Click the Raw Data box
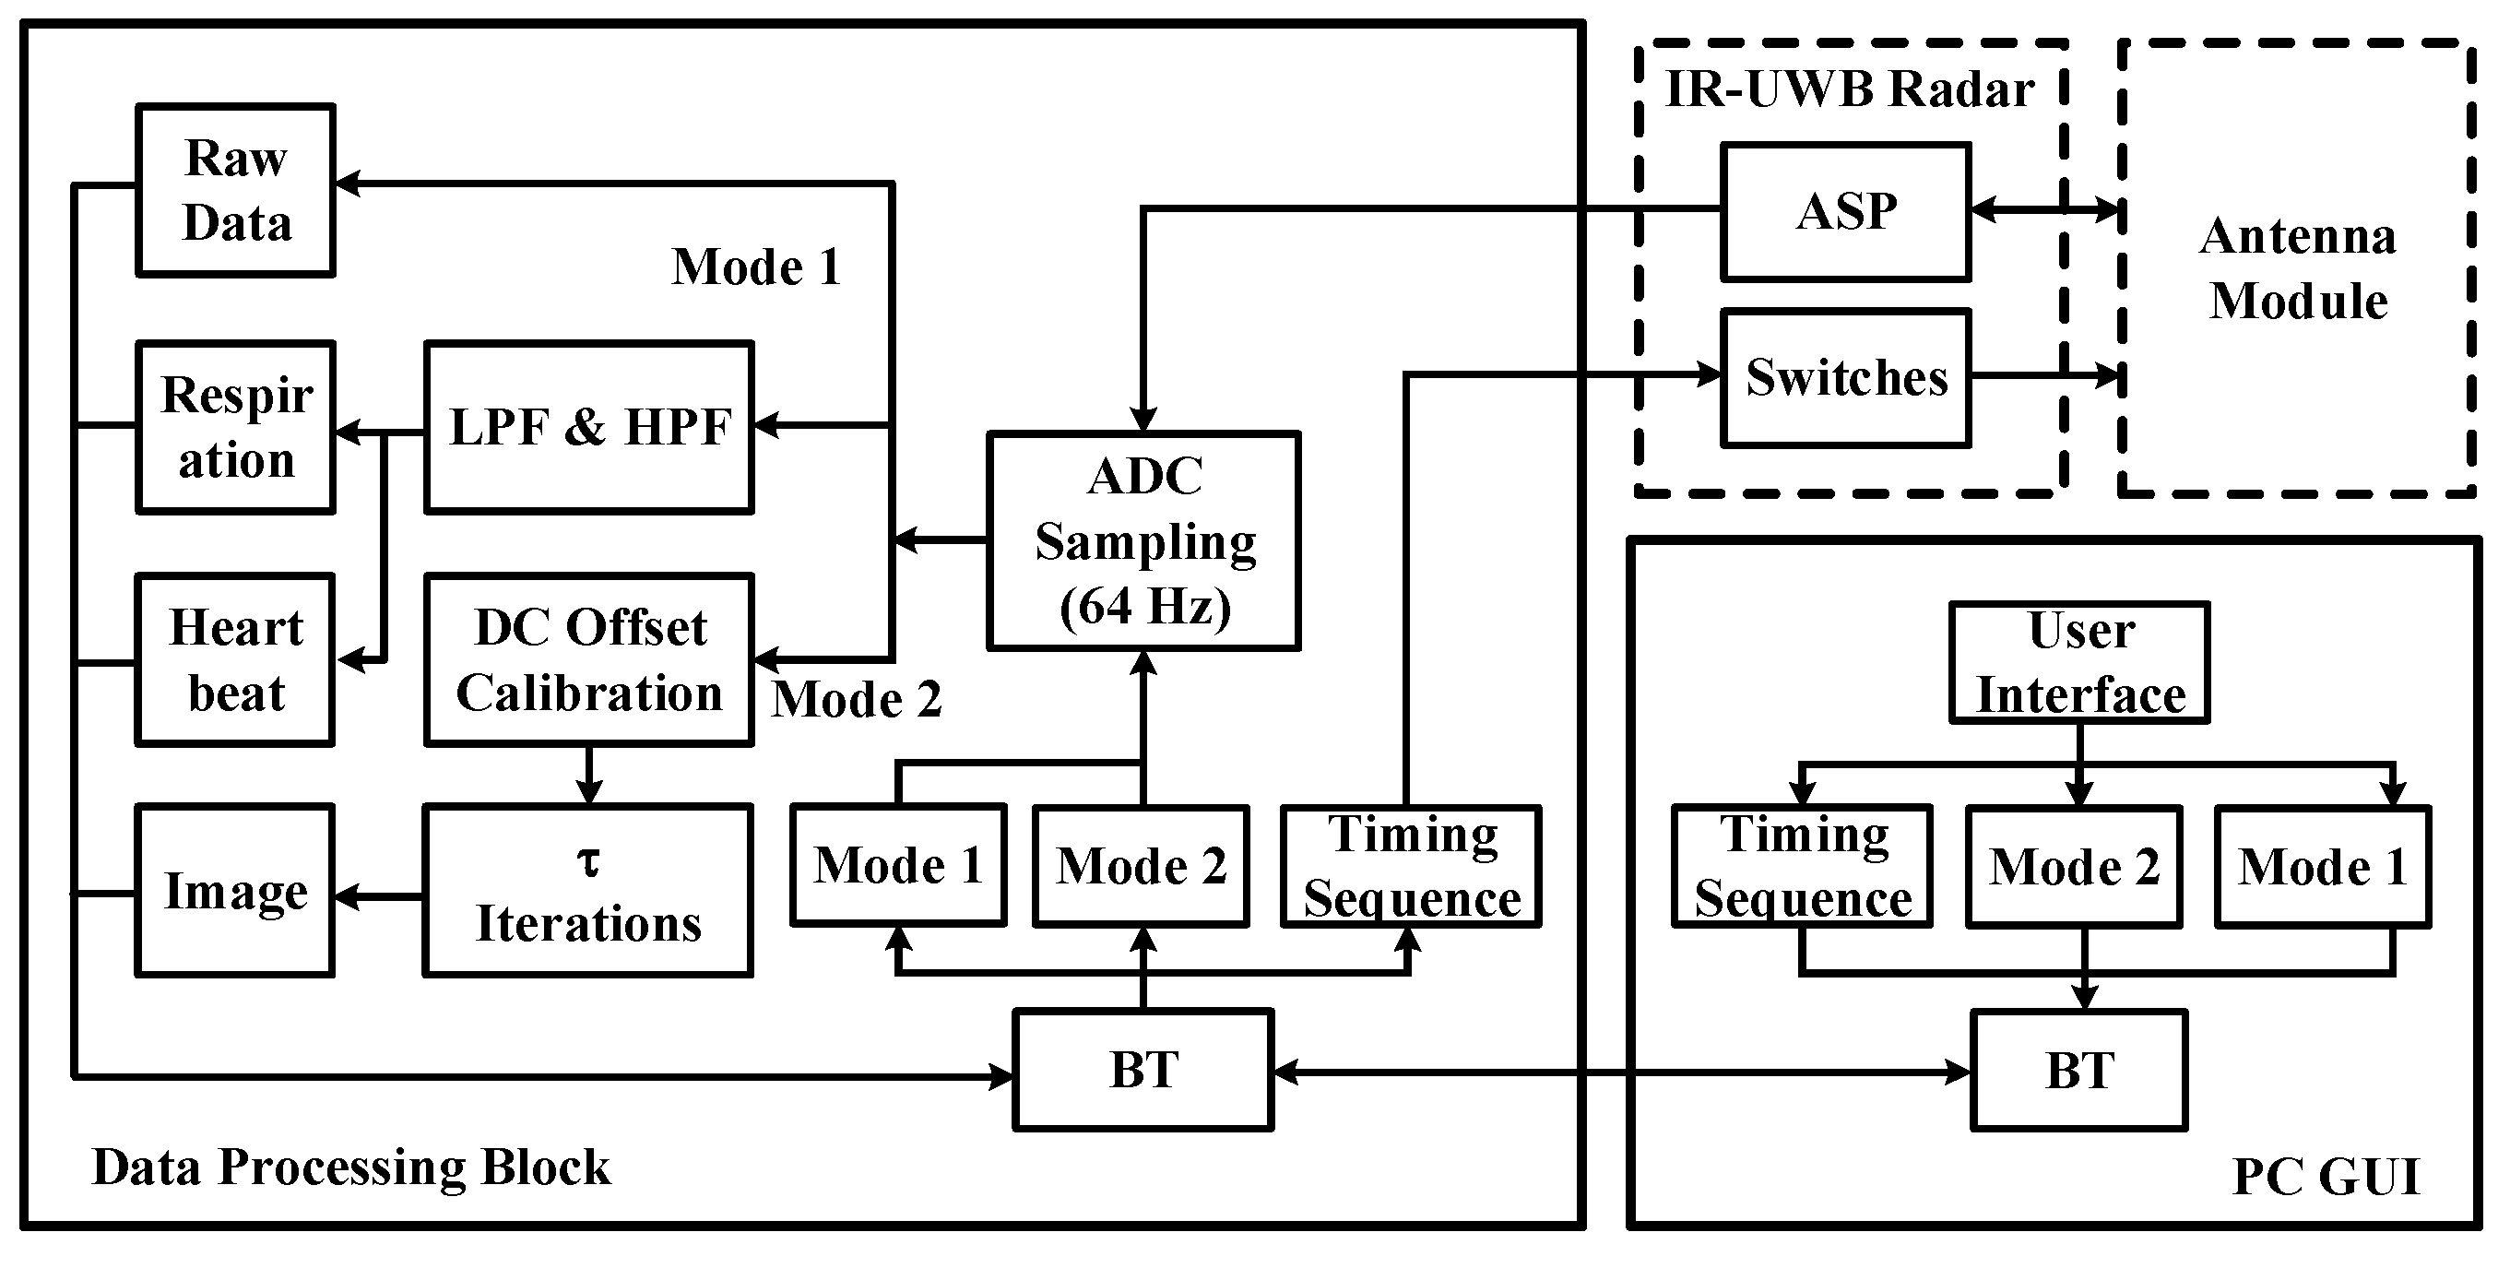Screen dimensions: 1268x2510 pos(236,190)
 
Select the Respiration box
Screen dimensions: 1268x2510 pos(236,427)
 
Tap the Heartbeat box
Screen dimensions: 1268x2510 pos(236,660)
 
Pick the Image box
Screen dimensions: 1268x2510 pos(235,890)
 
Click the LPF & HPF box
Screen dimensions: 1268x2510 pos(588,427)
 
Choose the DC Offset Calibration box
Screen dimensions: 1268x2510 pos(588,660)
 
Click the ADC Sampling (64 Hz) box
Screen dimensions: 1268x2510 pos(1144,541)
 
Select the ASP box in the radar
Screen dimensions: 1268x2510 pos(1845,212)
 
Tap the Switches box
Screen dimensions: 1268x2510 pos(1845,378)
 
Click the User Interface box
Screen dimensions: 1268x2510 pos(2079,663)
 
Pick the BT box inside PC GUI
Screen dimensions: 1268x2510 pos(2079,1070)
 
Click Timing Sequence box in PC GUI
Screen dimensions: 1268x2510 pos(1802,867)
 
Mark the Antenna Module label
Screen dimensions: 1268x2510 pos(2298,268)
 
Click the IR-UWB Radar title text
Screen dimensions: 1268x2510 pos(1849,89)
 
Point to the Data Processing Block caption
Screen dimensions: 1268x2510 pos(350,1167)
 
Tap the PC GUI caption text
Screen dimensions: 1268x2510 pos(2325,1177)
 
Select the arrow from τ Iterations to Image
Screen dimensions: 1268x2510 pos(379,895)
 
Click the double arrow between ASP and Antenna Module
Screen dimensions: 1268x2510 pos(2045,209)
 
